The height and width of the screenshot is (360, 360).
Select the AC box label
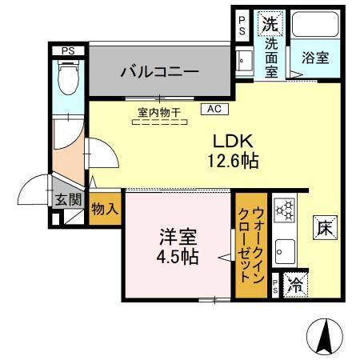[x=214, y=107]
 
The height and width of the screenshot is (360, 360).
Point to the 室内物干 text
[x=159, y=113]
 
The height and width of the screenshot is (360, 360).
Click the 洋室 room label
[x=177, y=238]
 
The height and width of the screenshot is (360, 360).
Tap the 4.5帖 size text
[x=177, y=259]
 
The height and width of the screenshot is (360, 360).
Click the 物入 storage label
[x=104, y=210]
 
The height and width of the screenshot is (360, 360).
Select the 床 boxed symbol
[x=322, y=226]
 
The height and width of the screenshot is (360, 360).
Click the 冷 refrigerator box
[x=295, y=283]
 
